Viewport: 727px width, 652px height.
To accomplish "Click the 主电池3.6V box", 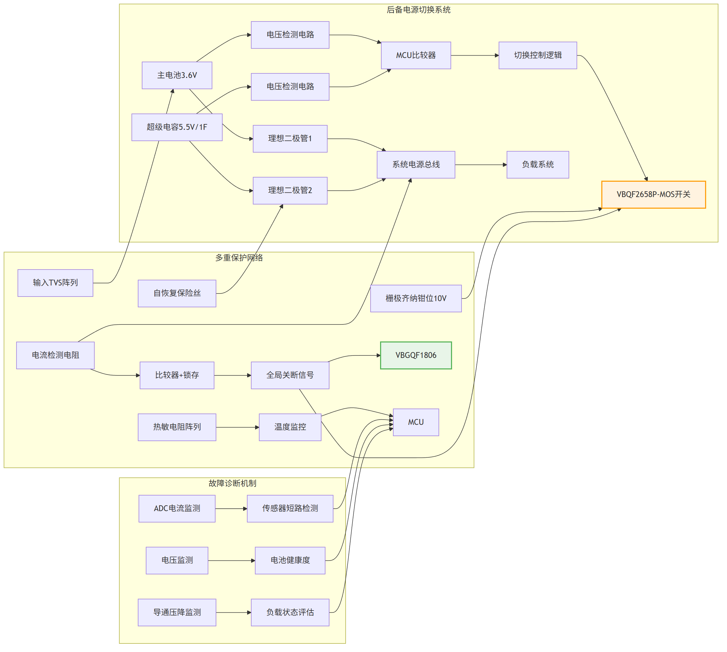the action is click(177, 75).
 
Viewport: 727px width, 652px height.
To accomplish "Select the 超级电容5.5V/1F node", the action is click(177, 127).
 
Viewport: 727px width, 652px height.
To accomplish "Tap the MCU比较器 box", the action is click(416, 55).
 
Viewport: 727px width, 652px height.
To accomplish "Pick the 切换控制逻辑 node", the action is click(538, 55).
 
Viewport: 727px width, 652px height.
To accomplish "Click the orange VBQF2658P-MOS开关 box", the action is click(654, 195).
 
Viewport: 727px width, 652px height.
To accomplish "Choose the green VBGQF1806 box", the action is click(416, 355).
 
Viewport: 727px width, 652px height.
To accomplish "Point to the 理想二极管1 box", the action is click(290, 139).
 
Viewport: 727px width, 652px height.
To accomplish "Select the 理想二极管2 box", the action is click(290, 191).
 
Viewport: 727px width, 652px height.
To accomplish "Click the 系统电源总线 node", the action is click(416, 165).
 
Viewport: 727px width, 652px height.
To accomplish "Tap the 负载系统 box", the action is click(538, 165).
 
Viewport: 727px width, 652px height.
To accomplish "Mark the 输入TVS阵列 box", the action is click(56, 283).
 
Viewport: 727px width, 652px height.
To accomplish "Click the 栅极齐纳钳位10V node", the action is click(416, 298).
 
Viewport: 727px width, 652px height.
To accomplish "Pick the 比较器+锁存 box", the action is click(177, 375).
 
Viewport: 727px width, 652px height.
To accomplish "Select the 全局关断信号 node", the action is click(290, 375).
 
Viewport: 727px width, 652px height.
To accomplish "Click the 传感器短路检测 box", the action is click(290, 509).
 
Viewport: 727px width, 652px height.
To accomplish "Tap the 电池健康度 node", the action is click(290, 561).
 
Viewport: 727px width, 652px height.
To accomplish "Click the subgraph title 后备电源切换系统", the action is click(418, 10).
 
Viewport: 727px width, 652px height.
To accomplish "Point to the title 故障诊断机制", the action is click(232, 483).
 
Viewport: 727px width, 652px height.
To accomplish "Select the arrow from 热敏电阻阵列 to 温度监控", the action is click(238, 427).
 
